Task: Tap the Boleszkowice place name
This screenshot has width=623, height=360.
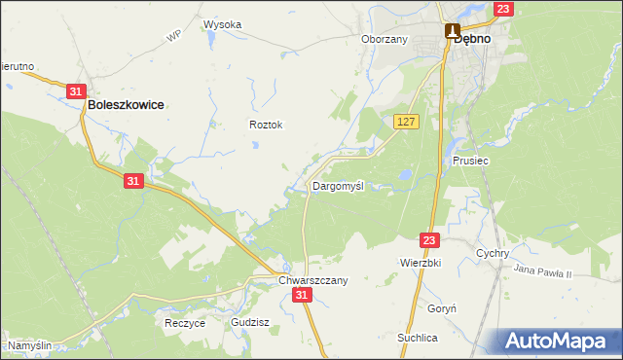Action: coord(126,104)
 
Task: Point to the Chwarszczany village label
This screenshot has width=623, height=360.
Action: coord(313,279)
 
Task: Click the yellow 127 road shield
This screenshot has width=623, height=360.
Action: coord(407,121)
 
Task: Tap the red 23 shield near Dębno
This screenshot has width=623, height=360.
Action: coord(502,9)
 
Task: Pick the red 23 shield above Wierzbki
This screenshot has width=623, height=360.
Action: coord(431,238)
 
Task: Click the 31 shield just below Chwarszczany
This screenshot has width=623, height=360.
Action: coord(303,295)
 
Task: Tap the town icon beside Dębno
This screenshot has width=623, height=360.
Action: coord(453,31)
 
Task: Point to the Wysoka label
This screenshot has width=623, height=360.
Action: coord(222,24)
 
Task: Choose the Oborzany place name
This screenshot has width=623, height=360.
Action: coord(384,40)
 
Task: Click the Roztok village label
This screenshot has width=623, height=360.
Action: coord(266,125)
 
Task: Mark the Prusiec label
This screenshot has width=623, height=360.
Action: coord(470,160)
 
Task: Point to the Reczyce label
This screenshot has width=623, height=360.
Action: coord(185,323)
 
